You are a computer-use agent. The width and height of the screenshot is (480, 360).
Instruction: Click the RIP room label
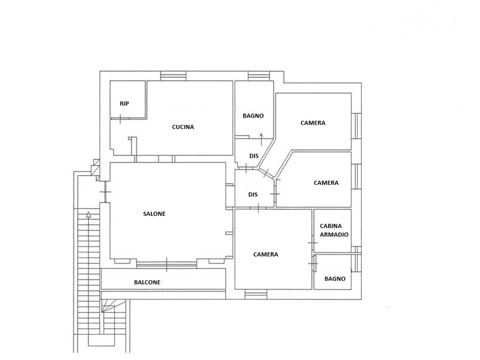[x=124, y=104]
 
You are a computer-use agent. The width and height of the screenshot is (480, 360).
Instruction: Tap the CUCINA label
[x=183, y=127]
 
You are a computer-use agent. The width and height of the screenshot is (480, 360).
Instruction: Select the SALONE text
[x=154, y=214]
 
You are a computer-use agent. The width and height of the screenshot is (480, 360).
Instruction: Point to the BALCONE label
[x=147, y=282]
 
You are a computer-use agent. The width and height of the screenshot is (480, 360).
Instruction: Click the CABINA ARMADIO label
[x=334, y=230]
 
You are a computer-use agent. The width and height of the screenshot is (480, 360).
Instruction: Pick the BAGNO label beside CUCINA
[x=253, y=116]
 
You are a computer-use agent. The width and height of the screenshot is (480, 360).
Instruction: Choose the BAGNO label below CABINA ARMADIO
[x=335, y=279]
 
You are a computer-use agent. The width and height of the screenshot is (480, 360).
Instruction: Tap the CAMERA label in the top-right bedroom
[x=313, y=123]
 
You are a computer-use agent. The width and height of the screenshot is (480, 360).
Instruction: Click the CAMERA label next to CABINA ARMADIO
[x=266, y=254]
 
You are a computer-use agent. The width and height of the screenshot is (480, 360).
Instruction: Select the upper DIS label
[x=254, y=156]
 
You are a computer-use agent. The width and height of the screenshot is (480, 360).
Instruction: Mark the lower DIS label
[x=253, y=194]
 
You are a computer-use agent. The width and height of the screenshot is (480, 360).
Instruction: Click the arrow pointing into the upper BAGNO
[x=261, y=139]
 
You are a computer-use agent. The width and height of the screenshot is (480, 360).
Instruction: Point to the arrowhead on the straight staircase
[x=89, y=214]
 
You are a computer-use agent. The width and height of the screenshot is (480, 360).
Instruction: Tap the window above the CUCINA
[x=173, y=76]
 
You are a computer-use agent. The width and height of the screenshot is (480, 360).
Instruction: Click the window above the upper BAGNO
[x=259, y=76]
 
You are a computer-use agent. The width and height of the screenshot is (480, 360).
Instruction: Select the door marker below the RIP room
[x=121, y=119]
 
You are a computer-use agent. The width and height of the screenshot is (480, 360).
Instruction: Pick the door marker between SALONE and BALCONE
[x=167, y=265]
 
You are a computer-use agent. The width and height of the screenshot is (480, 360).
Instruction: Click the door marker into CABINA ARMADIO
[x=313, y=243]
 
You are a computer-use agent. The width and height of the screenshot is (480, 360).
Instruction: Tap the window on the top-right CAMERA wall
[x=356, y=126]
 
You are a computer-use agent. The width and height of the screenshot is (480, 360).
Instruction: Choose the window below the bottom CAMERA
[x=256, y=295]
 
